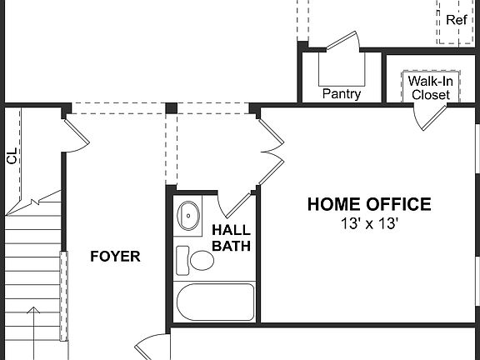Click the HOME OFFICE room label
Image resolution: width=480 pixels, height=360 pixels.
tap(369, 204)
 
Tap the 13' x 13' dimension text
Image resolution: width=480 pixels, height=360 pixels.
tap(369, 223)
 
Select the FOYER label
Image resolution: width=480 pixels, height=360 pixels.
tap(115, 257)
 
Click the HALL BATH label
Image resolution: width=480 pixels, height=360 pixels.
tap(232, 237)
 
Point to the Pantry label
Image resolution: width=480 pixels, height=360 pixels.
tap(342, 94)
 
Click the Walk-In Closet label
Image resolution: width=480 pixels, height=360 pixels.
tap(429, 88)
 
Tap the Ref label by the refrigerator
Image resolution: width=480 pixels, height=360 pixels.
tap(457, 19)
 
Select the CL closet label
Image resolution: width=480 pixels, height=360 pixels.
tap(12, 157)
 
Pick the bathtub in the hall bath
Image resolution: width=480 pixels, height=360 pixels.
tap(216, 302)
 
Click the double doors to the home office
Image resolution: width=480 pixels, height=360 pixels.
tap(268, 152)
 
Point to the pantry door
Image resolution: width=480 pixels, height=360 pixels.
tap(342, 40)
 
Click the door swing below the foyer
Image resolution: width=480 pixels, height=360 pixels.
tap(150, 346)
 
